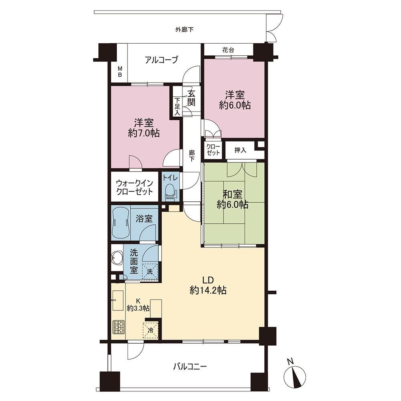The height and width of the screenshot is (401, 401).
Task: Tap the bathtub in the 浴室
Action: [x=121, y=222]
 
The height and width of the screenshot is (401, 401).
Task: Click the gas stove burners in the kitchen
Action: [x=118, y=327]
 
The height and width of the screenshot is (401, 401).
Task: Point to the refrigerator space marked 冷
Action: [x=151, y=330]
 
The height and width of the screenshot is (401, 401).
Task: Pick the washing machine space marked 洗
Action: [x=150, y=271]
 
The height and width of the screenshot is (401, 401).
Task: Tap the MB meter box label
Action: [x=119, y=72]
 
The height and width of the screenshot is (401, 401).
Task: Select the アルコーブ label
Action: [x=161, y=60]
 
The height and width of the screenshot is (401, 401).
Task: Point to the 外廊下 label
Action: [x=184, y=30]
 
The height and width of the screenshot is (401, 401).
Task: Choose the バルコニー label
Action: [x=190, y=367]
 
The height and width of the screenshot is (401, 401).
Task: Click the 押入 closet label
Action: [x=240, y=150]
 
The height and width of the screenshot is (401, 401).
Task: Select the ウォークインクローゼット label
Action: [x=134, y=187]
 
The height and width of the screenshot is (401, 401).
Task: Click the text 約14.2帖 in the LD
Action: [x=208, y=290]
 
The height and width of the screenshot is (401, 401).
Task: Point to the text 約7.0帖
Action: [x=144, y=133]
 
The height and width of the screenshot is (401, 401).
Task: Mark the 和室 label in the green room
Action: [x=233, y=194]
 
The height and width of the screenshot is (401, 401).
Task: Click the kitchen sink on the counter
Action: [x=118, y=300]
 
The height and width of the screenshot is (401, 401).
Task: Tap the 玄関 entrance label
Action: [x=191, y=97]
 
